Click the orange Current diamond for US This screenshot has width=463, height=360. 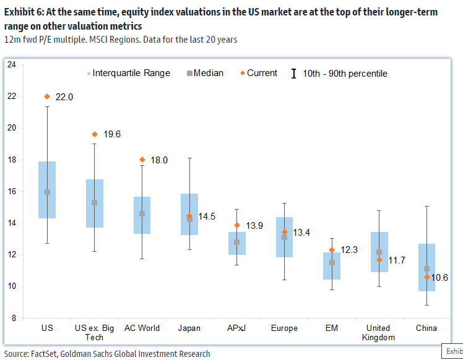pyautogui.click(x=47, y=96)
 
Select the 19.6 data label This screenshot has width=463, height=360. pyautogui.click(x=112, y=134)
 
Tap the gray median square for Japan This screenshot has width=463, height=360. pyautogui.click(x=189, y=218)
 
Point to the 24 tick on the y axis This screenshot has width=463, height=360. pyautogui.click(x=12, y=64)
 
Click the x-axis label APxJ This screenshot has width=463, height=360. pyautogui.click(x=236, y=328)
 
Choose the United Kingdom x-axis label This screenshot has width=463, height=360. pyautogui.click(x=378, y=333)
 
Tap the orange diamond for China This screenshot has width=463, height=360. pyautogui.click(x=426, y=277)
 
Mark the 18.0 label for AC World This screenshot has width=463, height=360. pyautogui.click(x=159, y=160)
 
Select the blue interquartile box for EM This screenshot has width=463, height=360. pyautogui.click(x=332, y=275)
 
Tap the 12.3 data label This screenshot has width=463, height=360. pyautogui.click(x=349, y=249)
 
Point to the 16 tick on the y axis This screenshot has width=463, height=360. pyautogui.click(x=12, y=191)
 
